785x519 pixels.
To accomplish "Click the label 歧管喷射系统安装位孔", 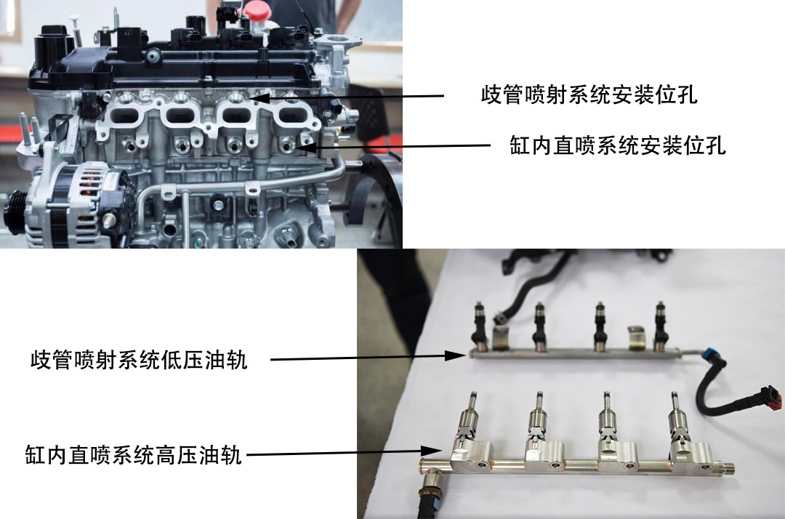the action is (x=589, y=94).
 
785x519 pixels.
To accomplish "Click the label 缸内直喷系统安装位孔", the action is (x=617, y=145).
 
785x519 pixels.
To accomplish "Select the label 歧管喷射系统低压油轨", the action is (x=139, y=360).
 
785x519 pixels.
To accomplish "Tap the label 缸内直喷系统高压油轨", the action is (x=134, y=455).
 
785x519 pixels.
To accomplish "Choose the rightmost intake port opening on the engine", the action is (x=291, y=116).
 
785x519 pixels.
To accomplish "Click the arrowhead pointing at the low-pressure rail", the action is (x=456, y=355).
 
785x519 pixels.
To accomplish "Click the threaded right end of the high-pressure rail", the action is (x=728, y=470).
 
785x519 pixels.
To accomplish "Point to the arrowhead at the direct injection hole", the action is (x=307, y=148).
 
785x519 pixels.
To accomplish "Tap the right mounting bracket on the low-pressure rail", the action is (x=637, y=337).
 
